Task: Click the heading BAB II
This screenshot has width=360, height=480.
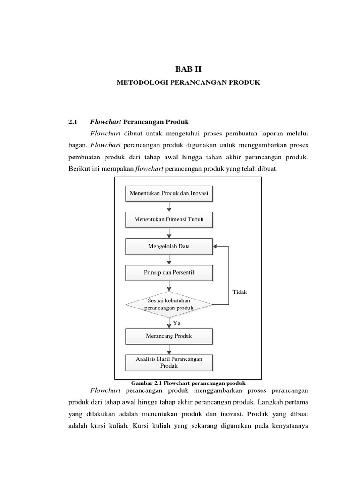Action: (x=188, y=69)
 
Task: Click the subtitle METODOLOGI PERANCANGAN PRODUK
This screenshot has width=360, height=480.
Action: (x=188, y=82)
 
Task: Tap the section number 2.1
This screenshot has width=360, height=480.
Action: (x=72, y=122)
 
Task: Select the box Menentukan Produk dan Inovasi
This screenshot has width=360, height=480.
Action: (x=169, y=193)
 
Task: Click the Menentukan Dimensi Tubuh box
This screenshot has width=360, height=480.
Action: (x=169, y=219)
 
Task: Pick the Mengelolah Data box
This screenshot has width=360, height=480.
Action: (x=169, y=246)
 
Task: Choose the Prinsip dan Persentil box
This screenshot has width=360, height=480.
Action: (x=169, y=272)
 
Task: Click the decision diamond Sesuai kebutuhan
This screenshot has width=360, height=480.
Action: (x=169, y=304)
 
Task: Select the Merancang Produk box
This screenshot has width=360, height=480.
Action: (x=169, y=336)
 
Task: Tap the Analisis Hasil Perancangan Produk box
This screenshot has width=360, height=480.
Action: (x=169, y=362)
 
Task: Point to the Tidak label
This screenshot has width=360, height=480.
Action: (x=239, y=292)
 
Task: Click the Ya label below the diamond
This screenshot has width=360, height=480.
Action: (x=177, y=323)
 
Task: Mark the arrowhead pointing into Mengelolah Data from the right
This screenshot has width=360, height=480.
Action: (x=215, y=246)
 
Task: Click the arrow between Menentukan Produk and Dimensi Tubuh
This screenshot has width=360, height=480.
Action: (x=169, y=206)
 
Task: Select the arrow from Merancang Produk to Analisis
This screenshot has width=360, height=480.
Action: (x=169, y=349)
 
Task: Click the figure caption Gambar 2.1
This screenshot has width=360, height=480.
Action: (x=188, y=382)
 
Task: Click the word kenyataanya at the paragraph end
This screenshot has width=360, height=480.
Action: (x=287, y=427)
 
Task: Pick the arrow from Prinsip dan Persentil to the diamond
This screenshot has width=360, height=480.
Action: (x=169, y=286)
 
